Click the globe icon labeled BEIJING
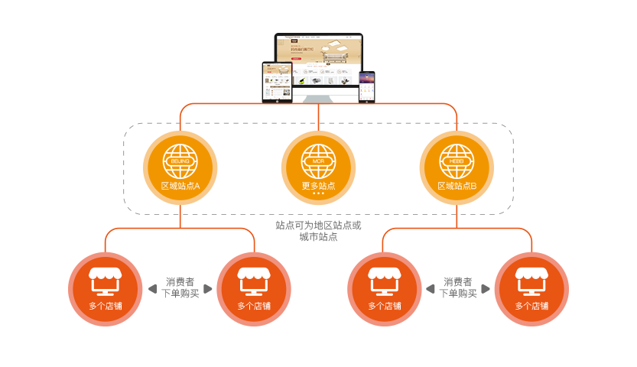180,161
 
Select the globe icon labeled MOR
318,161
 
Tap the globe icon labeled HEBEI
457,161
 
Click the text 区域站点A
180,186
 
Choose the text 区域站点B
457,186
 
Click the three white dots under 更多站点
318,194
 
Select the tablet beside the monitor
278,81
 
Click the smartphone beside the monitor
368,86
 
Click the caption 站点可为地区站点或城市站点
318,231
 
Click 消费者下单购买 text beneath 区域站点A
180,287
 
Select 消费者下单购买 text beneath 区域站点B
457,287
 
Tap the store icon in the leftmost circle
106,281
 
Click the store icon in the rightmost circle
531,281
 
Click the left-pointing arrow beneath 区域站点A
151,289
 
